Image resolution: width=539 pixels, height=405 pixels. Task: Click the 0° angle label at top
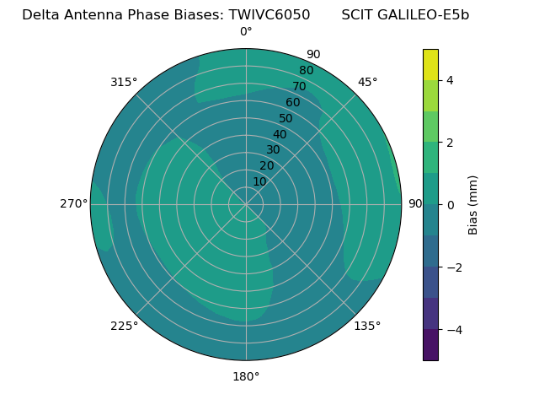[246, 32]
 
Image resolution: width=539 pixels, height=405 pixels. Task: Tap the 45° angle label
[367, 82]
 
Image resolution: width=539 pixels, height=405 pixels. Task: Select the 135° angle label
[367, 326]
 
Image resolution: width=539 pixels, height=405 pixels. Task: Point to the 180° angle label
[246, 376]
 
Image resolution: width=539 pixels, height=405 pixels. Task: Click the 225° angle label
[124, 326]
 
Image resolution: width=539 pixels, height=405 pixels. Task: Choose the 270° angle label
[74, 203]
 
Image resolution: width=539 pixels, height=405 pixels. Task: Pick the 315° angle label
[124, 82]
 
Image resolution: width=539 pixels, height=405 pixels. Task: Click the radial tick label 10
[259, 181]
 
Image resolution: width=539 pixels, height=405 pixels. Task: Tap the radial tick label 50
[286, 119]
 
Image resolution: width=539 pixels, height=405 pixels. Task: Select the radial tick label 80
[306, 70]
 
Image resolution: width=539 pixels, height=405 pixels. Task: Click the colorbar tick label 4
[451, 80]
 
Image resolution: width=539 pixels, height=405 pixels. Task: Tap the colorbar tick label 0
[451, 204]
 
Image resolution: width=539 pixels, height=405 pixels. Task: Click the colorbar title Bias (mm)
[473, 204]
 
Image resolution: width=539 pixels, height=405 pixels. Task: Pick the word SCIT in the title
[357, 14]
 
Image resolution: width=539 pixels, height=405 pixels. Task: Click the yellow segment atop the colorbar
[430, 64]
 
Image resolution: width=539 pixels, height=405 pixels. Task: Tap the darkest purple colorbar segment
[430, 344]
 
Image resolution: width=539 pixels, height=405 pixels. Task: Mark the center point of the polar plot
[246, 204]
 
